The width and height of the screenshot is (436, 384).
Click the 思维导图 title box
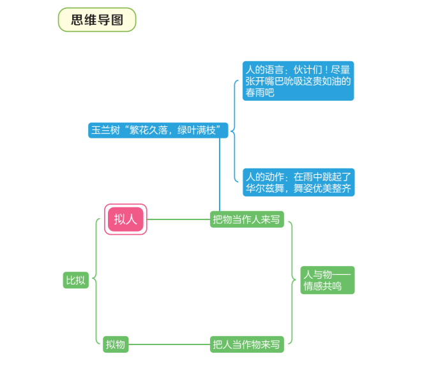click(x=97, y=20)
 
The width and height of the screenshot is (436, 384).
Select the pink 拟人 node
click(x=125, y=219)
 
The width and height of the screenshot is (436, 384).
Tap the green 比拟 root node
click(x=75, y=280)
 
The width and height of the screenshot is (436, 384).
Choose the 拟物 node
click(x=116, y=344)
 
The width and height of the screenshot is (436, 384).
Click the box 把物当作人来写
click(x=247, y=219)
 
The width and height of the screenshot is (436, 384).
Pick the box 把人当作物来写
click(x=247, y=344)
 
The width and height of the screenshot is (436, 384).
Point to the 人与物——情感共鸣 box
click(x=327, y=280)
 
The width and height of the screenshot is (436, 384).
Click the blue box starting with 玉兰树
click(x=158, y=130)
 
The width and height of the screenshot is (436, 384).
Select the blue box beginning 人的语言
click(x=298, y=81)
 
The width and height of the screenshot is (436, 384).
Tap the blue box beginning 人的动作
click(x=299, y=182)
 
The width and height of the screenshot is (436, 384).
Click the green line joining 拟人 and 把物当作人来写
click(x=179, y=219)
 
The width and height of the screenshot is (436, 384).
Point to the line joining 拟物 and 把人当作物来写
click(x=169, y=344)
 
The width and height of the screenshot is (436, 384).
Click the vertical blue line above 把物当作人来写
click(x=220, y=175)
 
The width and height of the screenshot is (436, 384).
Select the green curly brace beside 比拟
click(x=96, y=280)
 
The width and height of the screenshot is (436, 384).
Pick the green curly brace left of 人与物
click(x=292, y=280)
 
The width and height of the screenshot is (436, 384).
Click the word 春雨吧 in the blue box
click(x=260, y=92)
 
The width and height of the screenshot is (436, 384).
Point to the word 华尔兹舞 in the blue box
click(x=265, y=188)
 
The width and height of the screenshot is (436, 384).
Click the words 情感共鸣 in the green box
click(x=322, y=286)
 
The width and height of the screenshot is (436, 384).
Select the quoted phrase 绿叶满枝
click(x=197, y=130)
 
